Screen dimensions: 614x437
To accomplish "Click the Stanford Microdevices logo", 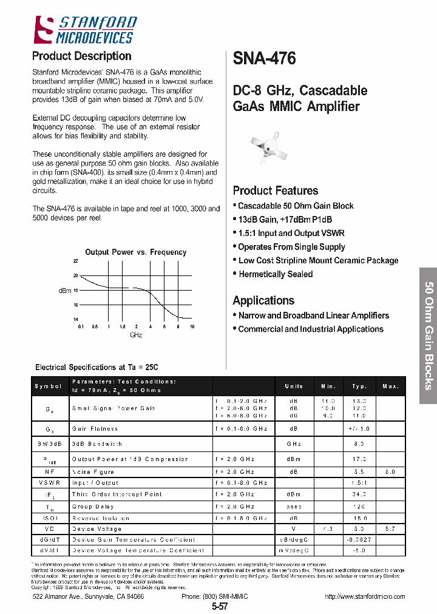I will pos(84,30).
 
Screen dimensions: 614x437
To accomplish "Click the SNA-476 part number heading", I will pos(265,59).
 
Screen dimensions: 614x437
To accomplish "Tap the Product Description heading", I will pos(81,56).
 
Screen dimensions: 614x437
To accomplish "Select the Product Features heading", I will pos(276,191).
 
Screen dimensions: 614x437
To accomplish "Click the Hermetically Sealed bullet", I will pos(276,274).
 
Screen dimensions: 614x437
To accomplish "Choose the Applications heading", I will pos(263,300).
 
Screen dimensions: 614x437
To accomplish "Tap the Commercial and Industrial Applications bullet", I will pos(310,329).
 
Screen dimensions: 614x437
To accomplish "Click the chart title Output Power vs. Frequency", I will pos(136,252).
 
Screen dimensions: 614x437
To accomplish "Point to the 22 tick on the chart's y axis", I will pos(76,261).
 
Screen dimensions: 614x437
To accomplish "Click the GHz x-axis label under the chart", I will pos(136,335).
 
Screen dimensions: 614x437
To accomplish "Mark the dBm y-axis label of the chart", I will pos(65,291).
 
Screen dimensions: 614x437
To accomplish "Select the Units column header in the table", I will pos(294,386).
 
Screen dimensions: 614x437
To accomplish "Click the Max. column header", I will pos(390,386).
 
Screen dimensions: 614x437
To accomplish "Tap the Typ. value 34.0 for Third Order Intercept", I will pos(359,494).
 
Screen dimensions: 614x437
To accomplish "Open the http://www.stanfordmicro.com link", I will pos(365,596).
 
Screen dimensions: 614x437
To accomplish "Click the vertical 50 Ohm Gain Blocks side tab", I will pos(427,336).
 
